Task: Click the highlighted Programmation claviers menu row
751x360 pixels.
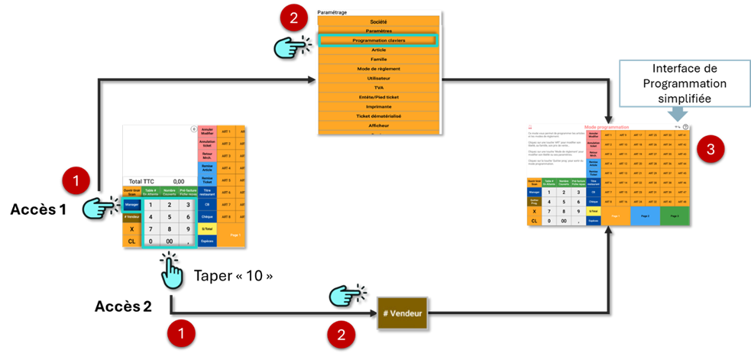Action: click(378, 40)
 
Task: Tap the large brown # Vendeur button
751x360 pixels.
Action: click(402, 313)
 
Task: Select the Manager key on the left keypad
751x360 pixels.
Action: click(131, 204)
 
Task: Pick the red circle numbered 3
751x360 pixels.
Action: click(711, 151)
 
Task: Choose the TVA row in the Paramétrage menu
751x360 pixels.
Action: click(378, 88)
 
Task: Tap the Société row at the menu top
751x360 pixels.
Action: click(378, 22)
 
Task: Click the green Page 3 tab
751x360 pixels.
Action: click(672, 216)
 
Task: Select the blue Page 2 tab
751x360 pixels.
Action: click(645, 216)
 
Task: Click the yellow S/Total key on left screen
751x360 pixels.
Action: click(207, 229)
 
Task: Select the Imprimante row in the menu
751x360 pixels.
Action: click(378, 107)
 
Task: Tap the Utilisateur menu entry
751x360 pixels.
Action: click(378, 78)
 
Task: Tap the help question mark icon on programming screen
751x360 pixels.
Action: click(685, 127)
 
